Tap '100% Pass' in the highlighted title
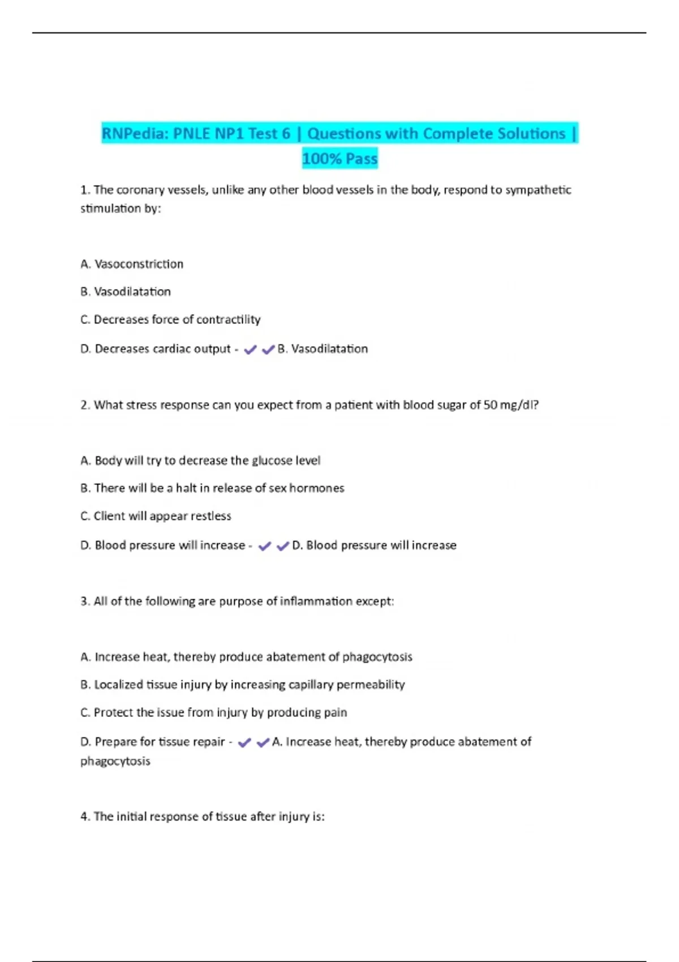pos(339,158)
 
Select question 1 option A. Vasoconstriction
pos(132,264)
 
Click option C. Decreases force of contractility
pos(170,320)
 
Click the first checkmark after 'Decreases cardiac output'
pos(250,350)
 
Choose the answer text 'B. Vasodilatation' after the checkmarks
pos(323,349)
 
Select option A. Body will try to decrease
pos(200,461)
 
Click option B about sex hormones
pos(212,488)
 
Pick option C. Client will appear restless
pos(156,516)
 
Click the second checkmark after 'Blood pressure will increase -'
pos(282,547)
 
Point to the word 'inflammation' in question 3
pos(316,602)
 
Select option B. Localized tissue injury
pos(242,685)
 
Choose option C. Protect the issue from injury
pos(213,712)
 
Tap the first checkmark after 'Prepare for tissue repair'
pos(244,743)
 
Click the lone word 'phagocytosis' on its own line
pos(115,762)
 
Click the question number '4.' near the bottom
pos(85,817)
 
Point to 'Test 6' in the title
pos(269,134)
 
